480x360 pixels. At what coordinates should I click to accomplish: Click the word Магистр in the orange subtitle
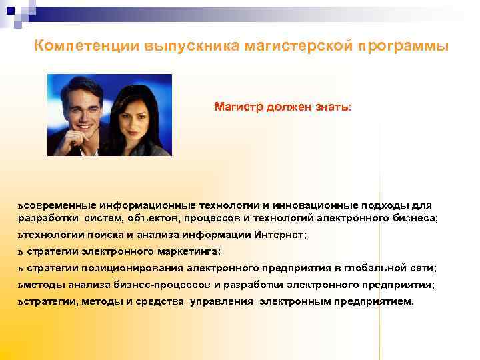pyautogui.click(x=238, y=107)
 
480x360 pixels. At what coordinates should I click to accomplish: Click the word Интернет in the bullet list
pyautogui.click(x=279, y=235)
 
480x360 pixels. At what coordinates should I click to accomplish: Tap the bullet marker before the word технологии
pyautogui.click(x=21, y=235)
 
